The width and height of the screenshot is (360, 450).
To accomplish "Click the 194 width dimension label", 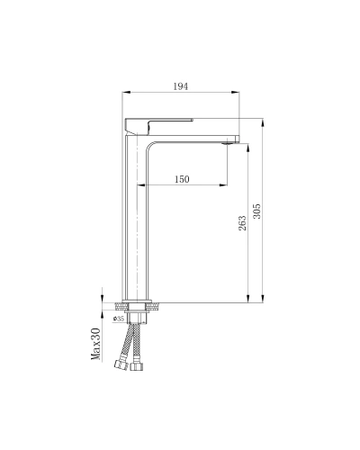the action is click(181, 86).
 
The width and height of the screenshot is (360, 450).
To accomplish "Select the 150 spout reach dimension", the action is click(182, 179).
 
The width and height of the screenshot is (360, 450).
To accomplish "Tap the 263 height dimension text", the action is click(242, 223).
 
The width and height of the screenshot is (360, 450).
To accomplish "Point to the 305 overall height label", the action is click(257, 211).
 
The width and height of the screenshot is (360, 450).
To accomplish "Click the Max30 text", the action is click(95, 344).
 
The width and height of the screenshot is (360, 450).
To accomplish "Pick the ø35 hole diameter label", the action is click(119, 319).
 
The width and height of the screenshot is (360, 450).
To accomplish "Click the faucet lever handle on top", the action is click(159, 126).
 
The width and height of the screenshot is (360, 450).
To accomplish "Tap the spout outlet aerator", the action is click(228, 144).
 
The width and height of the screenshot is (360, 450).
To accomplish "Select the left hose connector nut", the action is click(121, 364).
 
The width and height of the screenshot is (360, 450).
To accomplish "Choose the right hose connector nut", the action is click(137, 366).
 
